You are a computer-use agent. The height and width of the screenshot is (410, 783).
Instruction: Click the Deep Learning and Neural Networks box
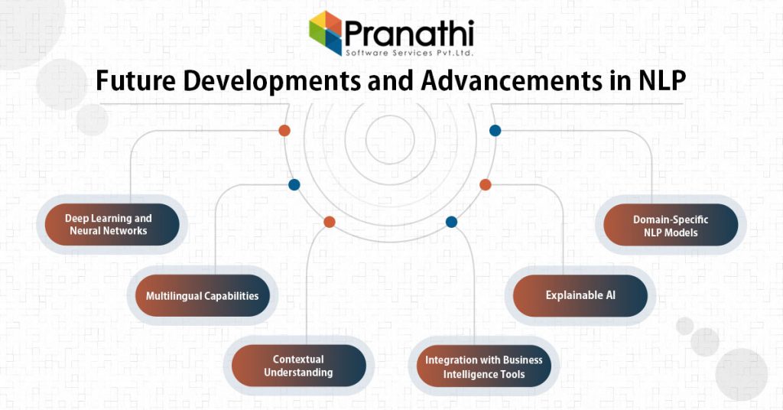(108, 224)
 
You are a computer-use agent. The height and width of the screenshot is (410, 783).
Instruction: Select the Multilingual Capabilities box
(202, 296)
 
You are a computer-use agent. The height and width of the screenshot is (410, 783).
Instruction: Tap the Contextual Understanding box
(298, 366)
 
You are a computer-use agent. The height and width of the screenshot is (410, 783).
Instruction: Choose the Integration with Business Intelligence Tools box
(483, 367)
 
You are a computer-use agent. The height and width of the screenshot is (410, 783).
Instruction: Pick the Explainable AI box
(580, 295)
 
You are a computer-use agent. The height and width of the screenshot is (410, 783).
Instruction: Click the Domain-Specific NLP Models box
(670, 226)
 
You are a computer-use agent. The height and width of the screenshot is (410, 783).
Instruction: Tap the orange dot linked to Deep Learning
(284, 131)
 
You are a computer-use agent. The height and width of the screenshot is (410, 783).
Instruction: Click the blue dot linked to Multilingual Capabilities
(294, 184)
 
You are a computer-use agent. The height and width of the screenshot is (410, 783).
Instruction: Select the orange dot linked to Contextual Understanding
(330, 222)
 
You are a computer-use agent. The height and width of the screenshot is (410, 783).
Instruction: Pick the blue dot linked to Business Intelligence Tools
(451, 222)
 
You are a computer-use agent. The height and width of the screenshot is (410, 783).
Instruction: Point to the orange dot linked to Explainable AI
(485, 184)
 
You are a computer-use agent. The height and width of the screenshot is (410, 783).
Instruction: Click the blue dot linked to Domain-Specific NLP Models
(495, 131)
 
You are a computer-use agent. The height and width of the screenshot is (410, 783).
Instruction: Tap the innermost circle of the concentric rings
(390, 139)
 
